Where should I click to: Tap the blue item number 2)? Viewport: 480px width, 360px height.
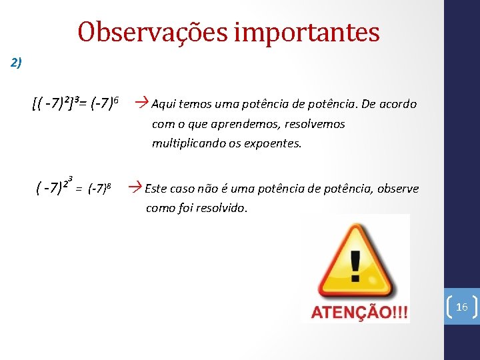(x=17, y=63)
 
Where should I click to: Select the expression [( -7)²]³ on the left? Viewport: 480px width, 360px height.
(x=57, y=103)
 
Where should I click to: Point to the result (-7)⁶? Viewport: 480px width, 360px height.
(x=104, y=103)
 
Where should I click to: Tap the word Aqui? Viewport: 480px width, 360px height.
(x=163, y=104)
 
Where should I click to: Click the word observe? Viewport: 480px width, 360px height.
(x=398, y=189)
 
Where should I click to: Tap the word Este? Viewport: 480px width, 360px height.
(x=156, y=189)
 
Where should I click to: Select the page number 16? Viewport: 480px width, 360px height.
(x=461, y=307)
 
